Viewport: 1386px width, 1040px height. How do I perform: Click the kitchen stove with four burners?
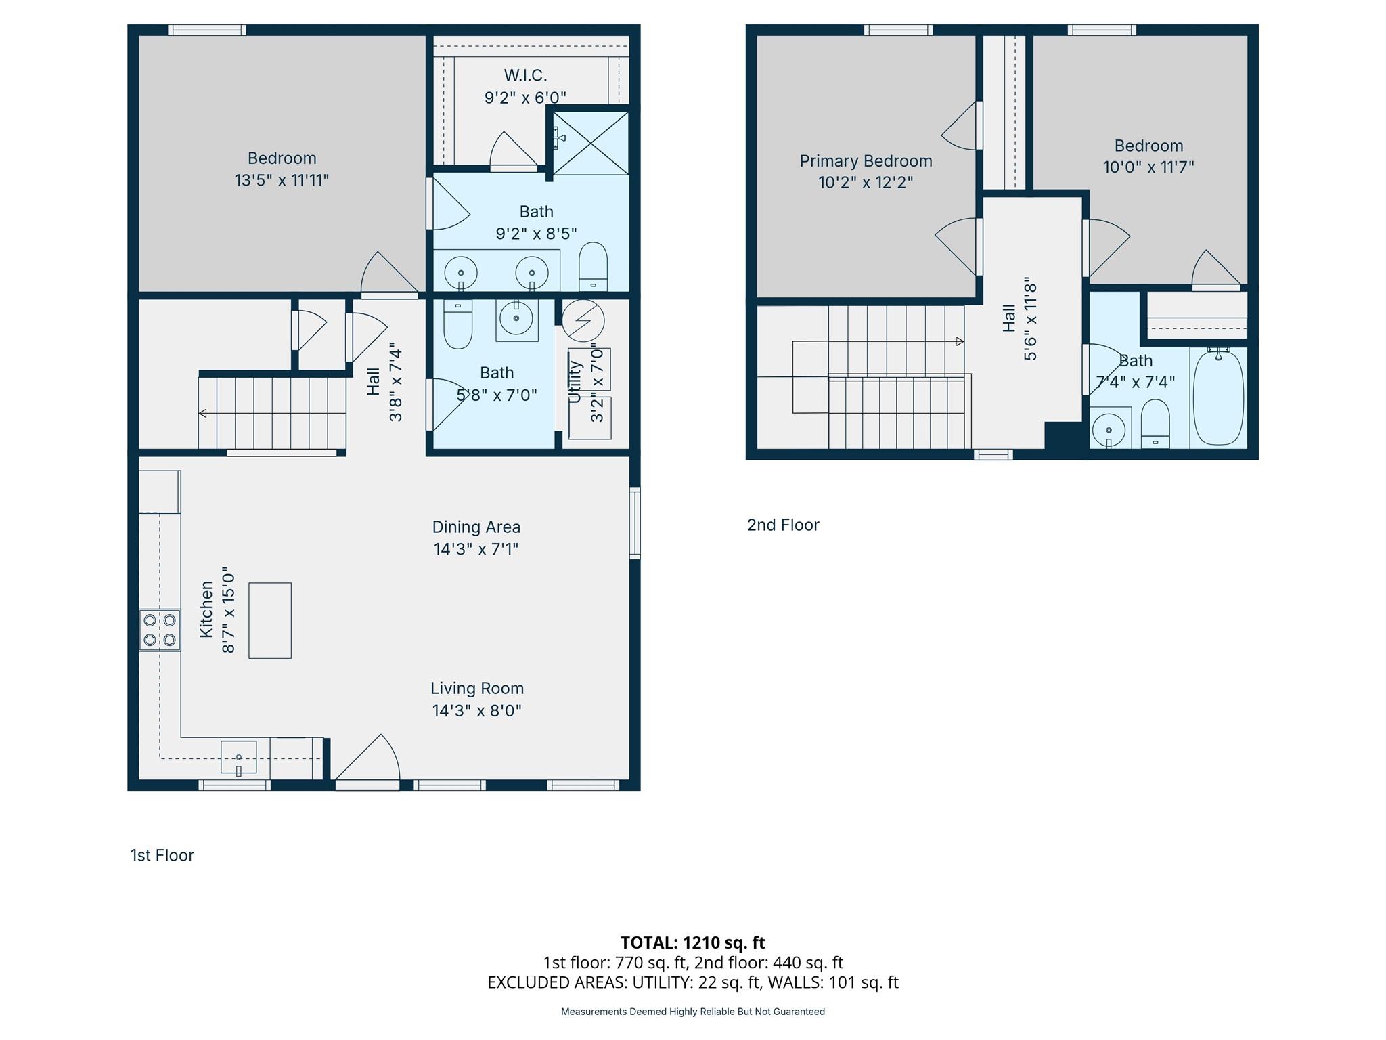click(160, 630)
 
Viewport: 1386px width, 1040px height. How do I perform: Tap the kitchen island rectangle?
click(270, 620)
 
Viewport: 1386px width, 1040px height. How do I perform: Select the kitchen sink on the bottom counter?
click(239, 757)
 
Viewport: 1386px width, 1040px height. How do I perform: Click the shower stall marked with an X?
click(591, 143)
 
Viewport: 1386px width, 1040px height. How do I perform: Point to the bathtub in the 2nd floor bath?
click(1218, 397)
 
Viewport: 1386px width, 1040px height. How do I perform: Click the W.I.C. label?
click(525, 75)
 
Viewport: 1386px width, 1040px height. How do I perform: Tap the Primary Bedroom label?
click(866, 161)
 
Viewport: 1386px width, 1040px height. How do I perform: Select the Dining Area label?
click(476, 527)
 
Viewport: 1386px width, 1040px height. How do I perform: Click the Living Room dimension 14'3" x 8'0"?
click(477, 710)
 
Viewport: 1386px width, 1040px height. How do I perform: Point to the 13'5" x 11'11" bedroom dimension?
click(282, 180)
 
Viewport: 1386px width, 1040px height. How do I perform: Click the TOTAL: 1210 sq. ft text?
click(693, 942)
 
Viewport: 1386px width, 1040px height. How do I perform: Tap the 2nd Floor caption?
click(783, 525)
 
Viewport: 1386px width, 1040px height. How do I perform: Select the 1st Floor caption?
click(162, 855)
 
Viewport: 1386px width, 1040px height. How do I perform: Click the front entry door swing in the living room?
click(367, 762)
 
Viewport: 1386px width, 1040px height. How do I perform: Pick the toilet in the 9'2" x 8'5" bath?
click(594, 267)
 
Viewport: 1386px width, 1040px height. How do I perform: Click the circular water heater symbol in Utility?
click(583, 320)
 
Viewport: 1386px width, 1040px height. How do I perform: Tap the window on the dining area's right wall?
click(635, 523)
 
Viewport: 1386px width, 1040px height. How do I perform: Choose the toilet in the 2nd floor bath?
click(1155, 424)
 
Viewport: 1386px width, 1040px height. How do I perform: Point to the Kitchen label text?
click(206, 609)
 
